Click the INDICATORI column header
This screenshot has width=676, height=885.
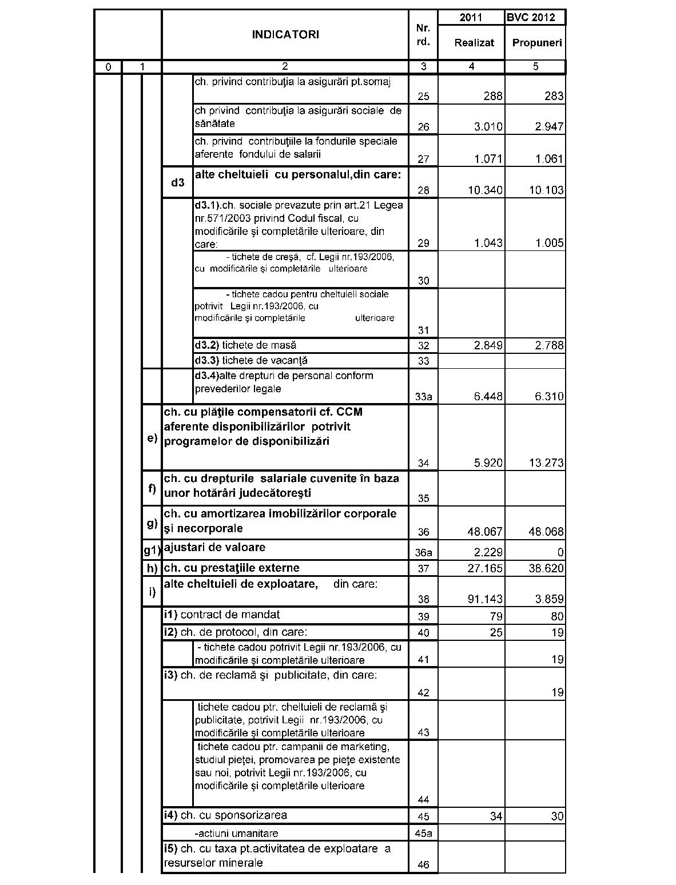(285, 34)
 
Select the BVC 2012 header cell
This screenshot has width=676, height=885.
(535, 17)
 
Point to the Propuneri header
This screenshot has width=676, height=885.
(536, 42)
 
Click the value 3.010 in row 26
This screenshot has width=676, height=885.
(488, 127)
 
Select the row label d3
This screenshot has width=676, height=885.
(178, 182)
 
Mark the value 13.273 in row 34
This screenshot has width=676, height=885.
(546, 463)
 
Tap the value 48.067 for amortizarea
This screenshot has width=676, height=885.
(484, 532)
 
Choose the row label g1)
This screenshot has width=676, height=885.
(152, 551)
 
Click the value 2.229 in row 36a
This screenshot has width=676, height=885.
(488, 552)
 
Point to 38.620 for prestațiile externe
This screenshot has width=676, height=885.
(546, 569)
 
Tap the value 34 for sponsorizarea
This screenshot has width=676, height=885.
(496, 816)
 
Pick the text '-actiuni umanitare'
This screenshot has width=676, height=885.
(236, 834)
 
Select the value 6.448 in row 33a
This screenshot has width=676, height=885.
(488, 397)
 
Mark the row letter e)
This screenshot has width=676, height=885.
(152, 438)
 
